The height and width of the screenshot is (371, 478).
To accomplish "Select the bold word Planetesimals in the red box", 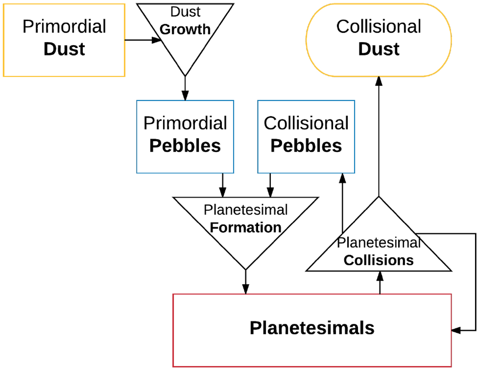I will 312,328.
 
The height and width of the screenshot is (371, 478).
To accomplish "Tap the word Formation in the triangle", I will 245,228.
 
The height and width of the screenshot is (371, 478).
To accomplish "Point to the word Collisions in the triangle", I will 378,260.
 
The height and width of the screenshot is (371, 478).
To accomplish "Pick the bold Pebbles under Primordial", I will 185,146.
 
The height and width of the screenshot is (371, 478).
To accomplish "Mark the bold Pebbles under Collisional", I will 306,146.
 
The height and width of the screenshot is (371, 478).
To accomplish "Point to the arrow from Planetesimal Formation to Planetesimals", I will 245,282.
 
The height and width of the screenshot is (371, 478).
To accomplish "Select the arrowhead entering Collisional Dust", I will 379,81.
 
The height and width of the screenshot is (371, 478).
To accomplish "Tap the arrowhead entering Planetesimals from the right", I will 456,330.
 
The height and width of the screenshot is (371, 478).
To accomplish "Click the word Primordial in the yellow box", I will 64,26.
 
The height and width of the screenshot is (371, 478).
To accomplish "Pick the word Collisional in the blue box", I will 306,123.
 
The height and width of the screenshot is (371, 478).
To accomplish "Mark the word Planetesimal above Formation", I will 245,210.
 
